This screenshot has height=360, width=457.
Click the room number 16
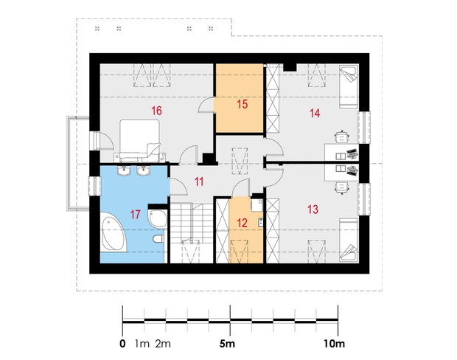(156, 111)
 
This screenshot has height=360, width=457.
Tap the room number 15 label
(243, 104)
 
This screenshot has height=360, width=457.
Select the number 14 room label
(315, 113)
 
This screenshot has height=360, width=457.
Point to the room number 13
(313, 210)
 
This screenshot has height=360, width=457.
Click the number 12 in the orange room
(243, 223)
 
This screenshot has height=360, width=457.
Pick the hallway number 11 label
(199, 181)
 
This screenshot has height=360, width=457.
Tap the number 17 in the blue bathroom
(135, 215)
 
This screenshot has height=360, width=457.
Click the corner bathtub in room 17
(114, 232)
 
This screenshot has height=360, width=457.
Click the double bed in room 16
(140, 139)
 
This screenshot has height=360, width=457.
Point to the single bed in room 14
(349, 87)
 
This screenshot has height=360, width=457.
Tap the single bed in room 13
(349, 240)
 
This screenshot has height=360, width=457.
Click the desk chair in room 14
(342, 136)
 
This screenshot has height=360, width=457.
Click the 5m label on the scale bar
(227, 344)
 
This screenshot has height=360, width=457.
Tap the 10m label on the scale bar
(335, 344)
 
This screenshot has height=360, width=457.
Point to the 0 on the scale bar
(122, 344)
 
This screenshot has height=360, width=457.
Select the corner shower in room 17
(158, 218)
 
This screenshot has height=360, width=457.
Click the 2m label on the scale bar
(163, 344)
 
